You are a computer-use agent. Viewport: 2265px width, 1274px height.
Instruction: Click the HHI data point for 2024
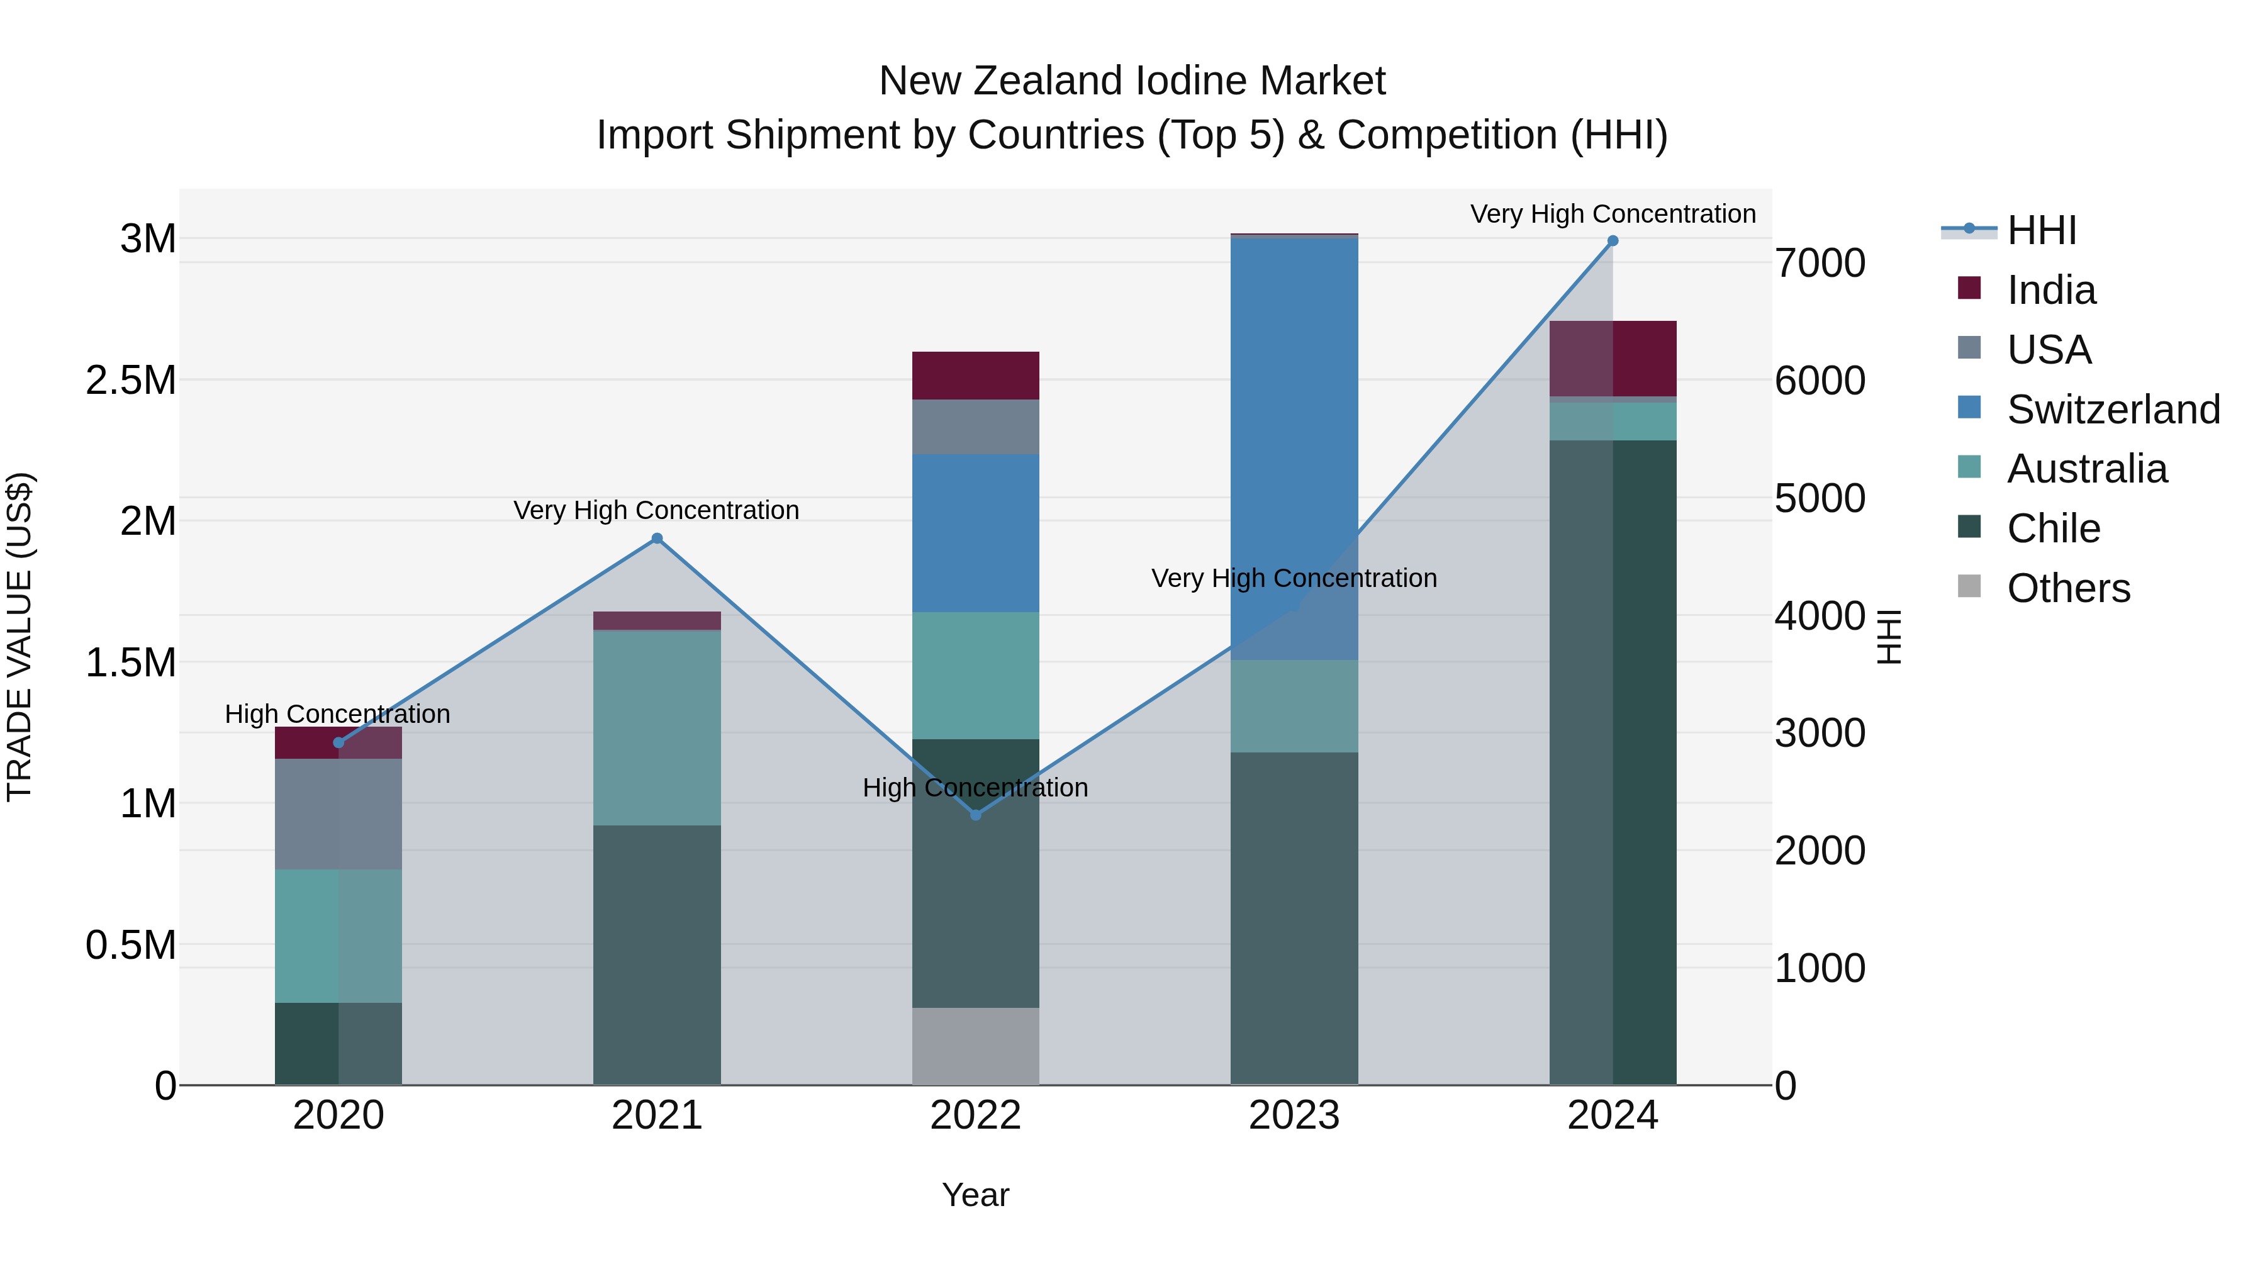1612,241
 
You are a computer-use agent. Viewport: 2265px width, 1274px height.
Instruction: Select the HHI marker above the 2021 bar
657,539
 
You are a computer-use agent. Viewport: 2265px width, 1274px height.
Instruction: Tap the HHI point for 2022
975,815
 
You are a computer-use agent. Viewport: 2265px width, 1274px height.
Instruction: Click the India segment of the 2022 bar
975,376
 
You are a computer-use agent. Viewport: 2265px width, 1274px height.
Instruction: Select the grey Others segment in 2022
975,1046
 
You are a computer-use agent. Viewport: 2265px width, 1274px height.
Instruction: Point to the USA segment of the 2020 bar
338,813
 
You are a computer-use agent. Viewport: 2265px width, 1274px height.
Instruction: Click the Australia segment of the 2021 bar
657,727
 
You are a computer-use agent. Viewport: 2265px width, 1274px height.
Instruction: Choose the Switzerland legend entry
2113,410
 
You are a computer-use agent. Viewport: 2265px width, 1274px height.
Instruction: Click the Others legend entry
2068,588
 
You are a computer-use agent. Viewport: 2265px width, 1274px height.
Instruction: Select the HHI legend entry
2041,230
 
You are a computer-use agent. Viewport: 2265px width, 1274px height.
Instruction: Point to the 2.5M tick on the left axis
131,381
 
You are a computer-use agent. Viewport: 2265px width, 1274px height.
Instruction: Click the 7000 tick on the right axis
1819,263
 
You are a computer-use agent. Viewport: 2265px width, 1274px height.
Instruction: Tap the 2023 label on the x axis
1294,1115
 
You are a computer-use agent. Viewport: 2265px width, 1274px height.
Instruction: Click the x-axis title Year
975,1195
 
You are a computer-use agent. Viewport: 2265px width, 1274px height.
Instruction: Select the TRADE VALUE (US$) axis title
20,637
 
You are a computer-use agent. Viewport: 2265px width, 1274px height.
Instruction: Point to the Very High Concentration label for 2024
1613,214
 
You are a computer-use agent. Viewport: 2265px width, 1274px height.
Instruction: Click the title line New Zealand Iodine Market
1132,81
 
